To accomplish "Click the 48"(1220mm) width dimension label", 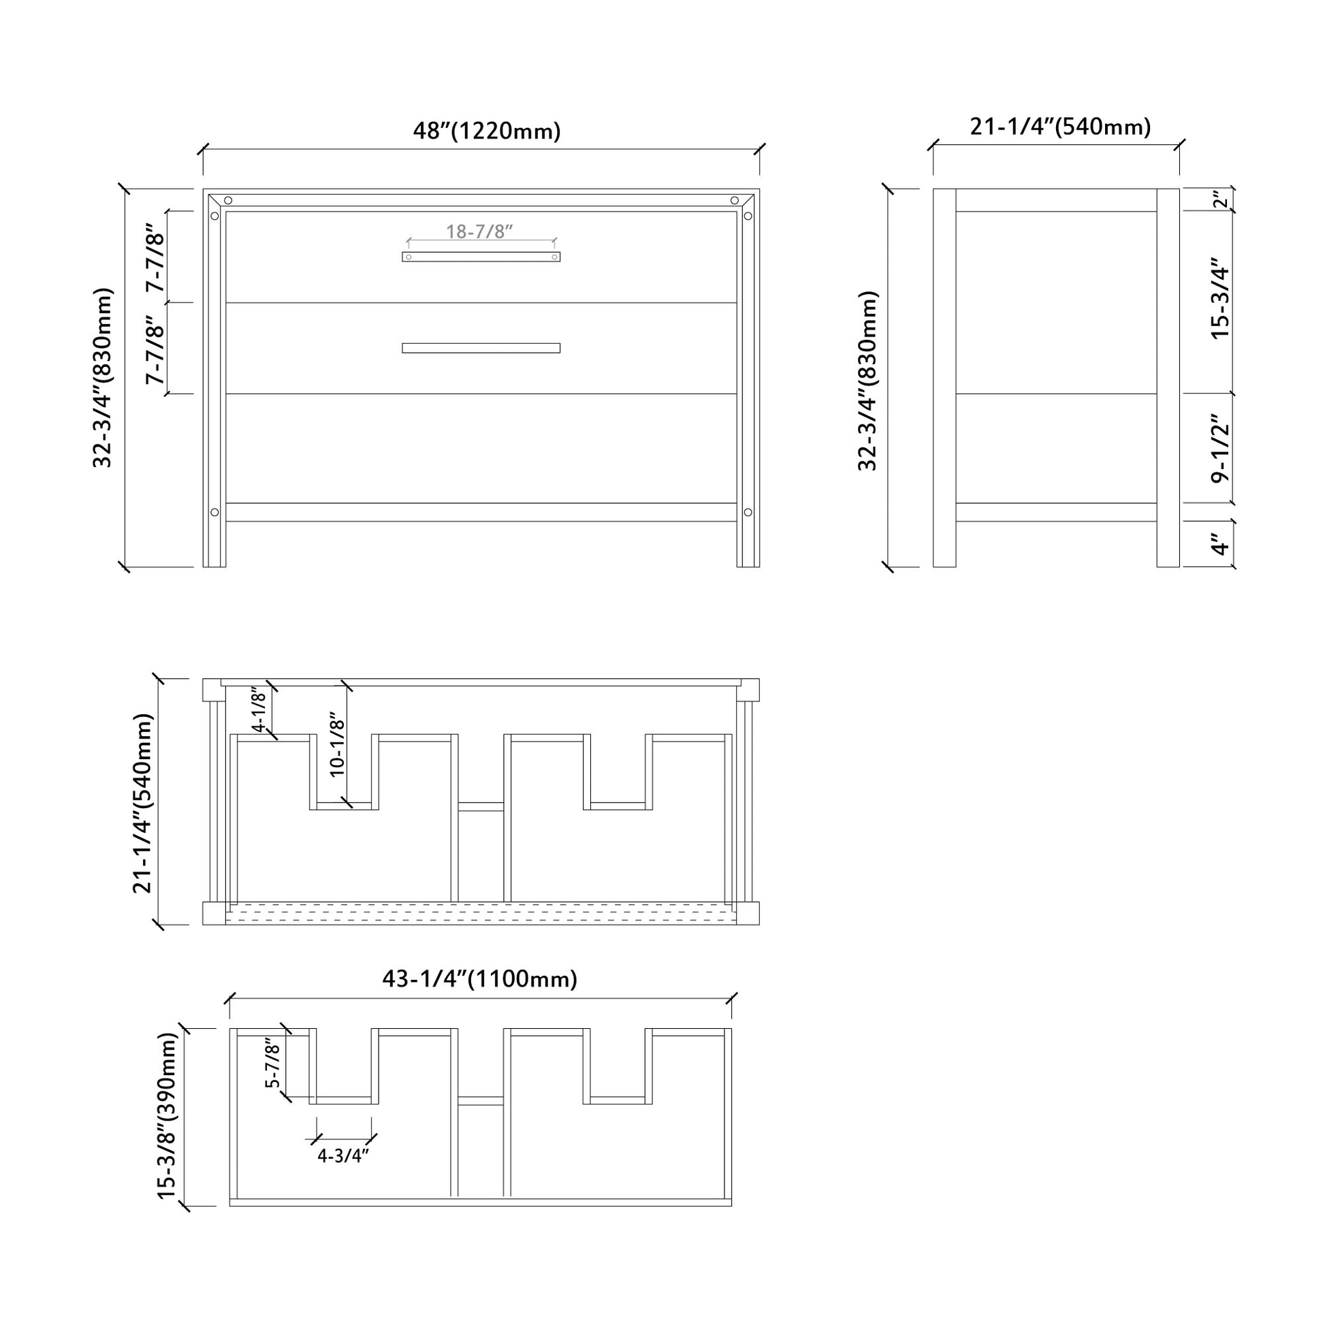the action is (487, 130).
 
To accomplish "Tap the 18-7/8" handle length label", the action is (479, 231).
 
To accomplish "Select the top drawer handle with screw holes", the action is (481, 257).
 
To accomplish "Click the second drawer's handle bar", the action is (481, 348).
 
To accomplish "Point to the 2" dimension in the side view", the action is (1219, 200).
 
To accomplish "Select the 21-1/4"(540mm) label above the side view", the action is (1060, 127).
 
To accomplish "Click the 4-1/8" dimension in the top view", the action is (258, 709).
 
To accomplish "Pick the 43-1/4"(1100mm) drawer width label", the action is (479, 979).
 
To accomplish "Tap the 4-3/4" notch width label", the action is (343, 1155).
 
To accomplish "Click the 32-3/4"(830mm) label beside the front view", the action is (102, 378).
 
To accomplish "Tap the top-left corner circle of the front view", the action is (228, 200).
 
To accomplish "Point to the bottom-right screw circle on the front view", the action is (748, 512).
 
